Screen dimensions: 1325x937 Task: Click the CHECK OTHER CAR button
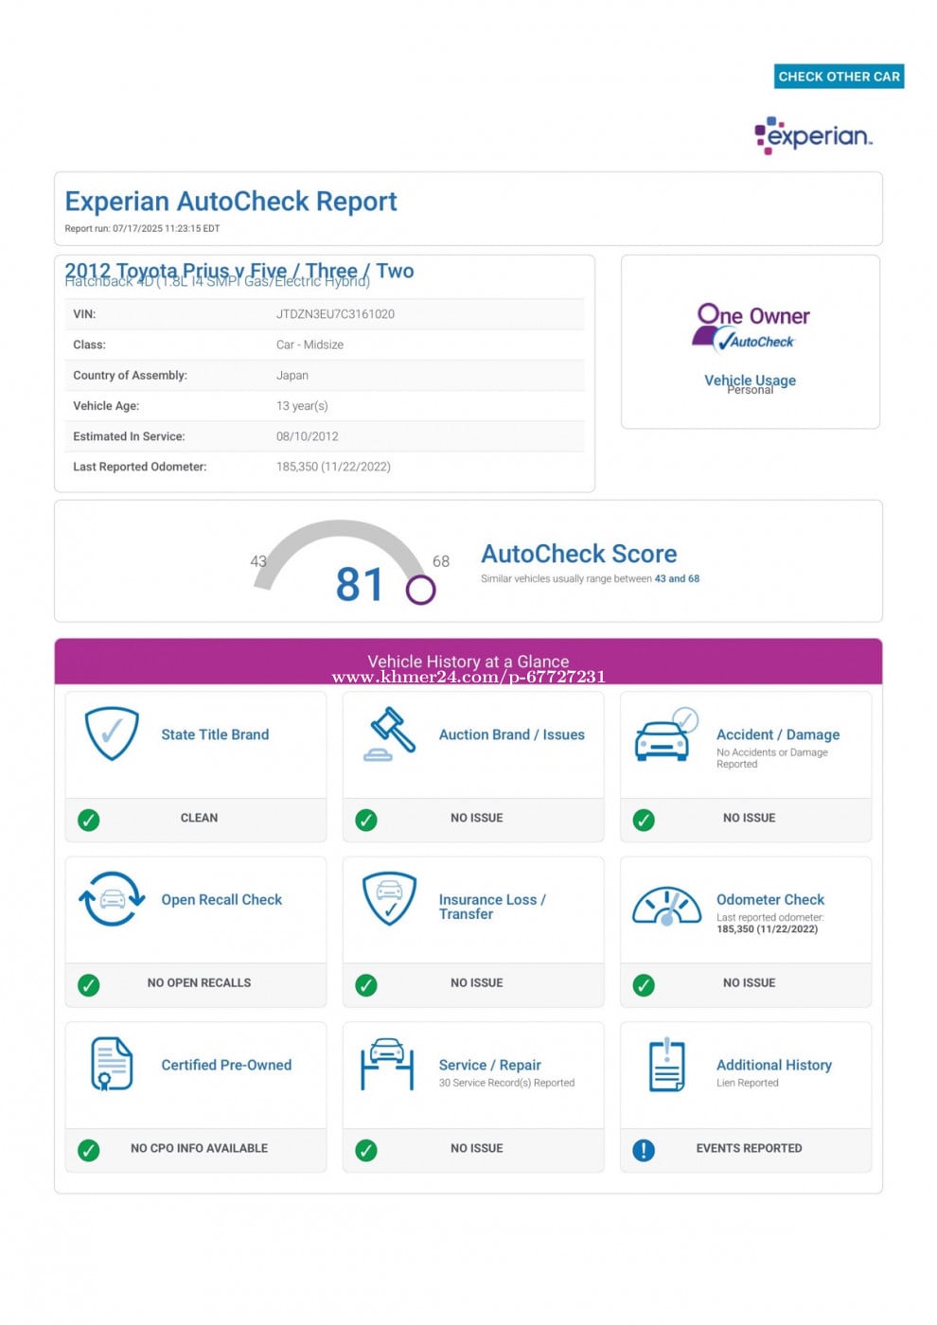pyautogui.click(x=839, y=77)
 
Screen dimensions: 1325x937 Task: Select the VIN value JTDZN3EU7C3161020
pyautogui.click(x=335, y=314)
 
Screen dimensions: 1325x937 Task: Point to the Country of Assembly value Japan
pyautogui.click(x=292, y=376)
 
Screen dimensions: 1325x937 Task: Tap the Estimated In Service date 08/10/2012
pyautogui.click(x=307, y=436)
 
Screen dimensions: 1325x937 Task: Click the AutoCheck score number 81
pyautogui.click(x=360, y=584)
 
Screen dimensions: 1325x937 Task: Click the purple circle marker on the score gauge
pyautogui.click(x=420, y=590)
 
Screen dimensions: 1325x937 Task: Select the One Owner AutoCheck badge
pyautogui.click(x=751, y=327)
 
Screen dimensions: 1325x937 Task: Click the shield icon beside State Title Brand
pyautogui.click(x=112, y=733)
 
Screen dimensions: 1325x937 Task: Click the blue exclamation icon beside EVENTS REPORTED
pyautogui.click(x=644, y=1150)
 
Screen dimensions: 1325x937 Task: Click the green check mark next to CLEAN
pyautogui.click(x=89, y=820)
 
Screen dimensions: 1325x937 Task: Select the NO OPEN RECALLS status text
pyautogui.click(x=199, y=983)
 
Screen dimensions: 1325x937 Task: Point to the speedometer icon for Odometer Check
pyautogui.click(x=666, y=906)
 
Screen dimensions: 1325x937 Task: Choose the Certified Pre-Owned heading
pyautogui.click(x=226, y=1065)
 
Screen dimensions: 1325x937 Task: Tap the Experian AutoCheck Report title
pyautogui.click(x=231, y=202)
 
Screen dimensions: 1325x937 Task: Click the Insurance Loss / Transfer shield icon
pyautogui.click(x=389, y=898)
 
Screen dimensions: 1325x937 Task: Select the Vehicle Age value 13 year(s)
pyautogui.click(x=302, y=406)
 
